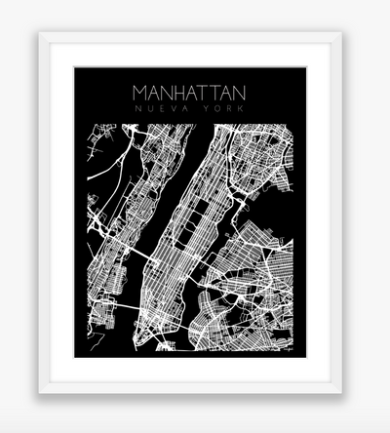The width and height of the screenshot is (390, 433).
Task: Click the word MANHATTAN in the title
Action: coord(189,93)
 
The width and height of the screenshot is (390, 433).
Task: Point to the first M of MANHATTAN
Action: coord(140,93)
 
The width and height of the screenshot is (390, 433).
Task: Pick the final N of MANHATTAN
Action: coord(239,93)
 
